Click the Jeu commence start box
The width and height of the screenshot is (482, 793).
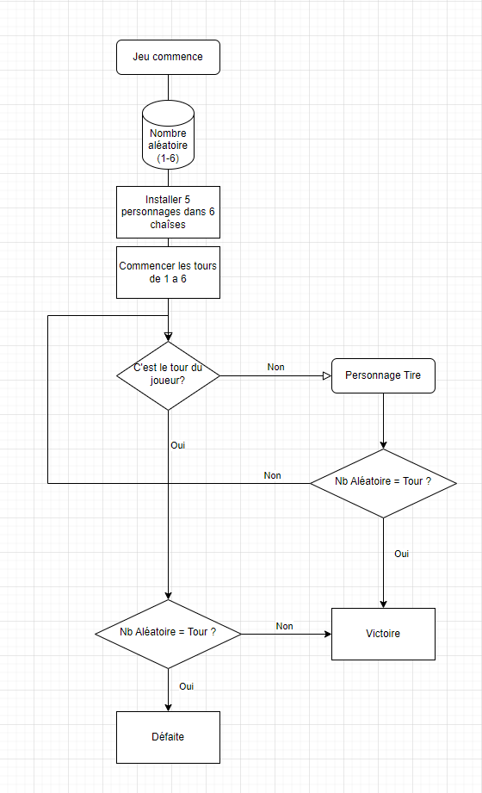point(168,57)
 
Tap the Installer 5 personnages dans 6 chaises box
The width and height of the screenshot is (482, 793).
point(168,212)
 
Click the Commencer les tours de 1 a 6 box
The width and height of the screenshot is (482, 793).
point(168,272)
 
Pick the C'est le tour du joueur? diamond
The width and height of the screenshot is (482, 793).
point(168,375)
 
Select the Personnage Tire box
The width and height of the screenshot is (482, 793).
point(383,375)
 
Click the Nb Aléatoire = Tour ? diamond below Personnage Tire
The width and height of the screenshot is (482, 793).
point(383,482)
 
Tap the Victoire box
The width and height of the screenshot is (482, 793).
point(383,634)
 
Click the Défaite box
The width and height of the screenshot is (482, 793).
point(168,737)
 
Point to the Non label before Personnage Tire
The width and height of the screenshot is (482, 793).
point(275,367)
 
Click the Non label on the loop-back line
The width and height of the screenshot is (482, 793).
point(272,475)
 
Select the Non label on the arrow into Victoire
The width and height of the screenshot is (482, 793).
point(284,626)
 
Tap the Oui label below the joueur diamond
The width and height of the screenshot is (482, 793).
point(178,445)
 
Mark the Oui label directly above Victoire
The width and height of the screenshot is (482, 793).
point(401,554)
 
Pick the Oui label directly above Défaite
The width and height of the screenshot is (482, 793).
point(186,686)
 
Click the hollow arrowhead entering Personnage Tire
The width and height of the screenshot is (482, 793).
point(326,375)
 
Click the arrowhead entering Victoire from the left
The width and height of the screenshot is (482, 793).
point(327,634)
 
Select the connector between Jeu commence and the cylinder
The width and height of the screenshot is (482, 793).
point(168,87)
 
